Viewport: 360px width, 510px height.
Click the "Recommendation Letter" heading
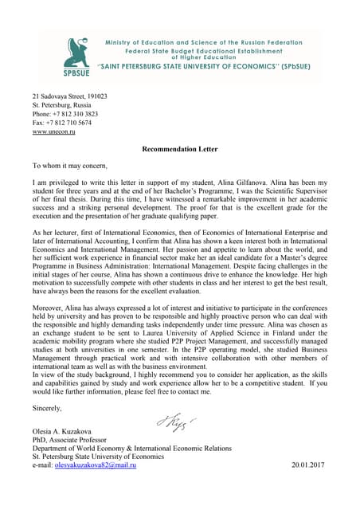[178, 148]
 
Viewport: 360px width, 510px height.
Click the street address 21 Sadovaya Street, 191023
[69, 96]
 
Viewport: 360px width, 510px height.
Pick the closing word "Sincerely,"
[47, 408]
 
